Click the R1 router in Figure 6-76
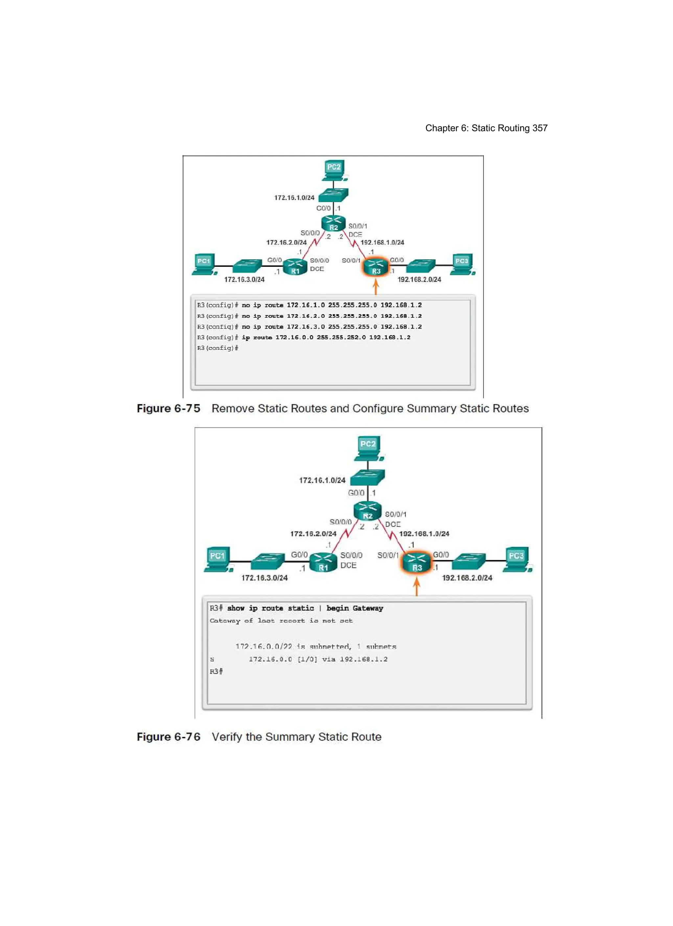point(323,562)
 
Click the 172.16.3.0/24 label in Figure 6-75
point(244,280)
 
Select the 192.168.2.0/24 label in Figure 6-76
point(467,578)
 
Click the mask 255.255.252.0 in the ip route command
point(341,337)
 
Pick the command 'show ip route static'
point(270,608)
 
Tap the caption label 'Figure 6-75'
point(168,409)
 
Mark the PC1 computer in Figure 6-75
point(204,264)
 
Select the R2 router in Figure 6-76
point(367,512)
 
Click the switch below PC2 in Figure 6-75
point(333,195)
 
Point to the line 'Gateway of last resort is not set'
point(281,621)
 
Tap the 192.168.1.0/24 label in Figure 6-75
point(382,243)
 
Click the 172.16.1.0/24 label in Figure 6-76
point(322,480)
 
